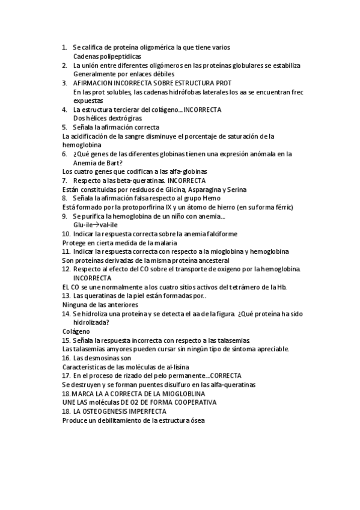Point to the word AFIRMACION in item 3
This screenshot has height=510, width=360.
[93, 82]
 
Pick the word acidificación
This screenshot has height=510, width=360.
[95, 136]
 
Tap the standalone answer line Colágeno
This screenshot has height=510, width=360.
[76, 331]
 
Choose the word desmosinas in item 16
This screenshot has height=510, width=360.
[101, 358]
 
